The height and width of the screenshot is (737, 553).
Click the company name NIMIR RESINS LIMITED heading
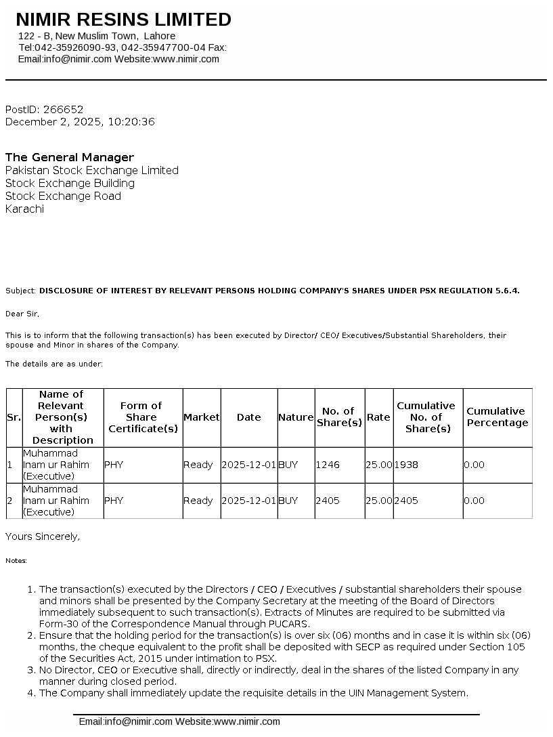[123, 20]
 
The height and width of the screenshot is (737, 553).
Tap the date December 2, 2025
[53, 122]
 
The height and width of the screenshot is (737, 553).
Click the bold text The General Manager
[70, 157]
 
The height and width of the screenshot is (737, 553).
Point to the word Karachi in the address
[24, 209]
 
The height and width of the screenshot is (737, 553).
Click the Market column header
[202, 417]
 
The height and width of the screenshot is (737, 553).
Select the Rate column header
[378, 417]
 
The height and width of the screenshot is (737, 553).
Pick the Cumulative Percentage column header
[497, 417]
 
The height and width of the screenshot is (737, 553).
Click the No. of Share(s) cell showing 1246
[328, 465]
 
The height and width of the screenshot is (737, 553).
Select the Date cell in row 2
[248, 501]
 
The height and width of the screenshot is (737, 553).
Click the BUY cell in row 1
[288, 465]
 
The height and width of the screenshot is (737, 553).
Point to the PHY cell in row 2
[114, 501]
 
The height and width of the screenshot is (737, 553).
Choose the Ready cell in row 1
[198, 465]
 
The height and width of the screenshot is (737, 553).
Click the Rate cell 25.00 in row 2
[378, 501]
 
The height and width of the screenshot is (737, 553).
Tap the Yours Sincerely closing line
[43, 536]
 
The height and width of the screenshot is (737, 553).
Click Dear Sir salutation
[22, 314]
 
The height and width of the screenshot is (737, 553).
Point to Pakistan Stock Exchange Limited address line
[92, 170]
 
